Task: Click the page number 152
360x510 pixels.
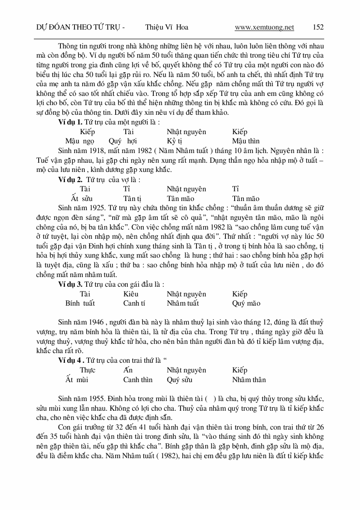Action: [318, 27]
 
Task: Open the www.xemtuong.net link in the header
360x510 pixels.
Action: [264, 27]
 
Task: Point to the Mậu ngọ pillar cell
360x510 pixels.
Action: [80, 141]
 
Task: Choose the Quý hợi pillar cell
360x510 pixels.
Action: [123, 141]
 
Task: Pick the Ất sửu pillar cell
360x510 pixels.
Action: [81, 198]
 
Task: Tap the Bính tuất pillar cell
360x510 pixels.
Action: [80, 303]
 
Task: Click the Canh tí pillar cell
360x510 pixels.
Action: [134, 303]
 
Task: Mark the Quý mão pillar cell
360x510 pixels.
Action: [246, 303]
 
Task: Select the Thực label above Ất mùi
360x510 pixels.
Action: [88, 370]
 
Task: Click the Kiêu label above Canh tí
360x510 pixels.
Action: [131, 294]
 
